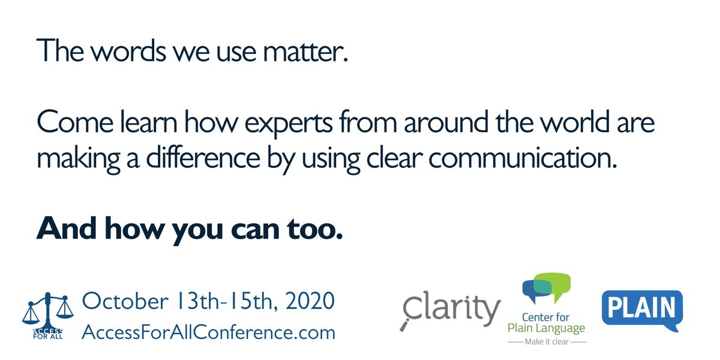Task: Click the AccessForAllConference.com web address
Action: pos(208,331)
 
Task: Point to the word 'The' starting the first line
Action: pos(56,53)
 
